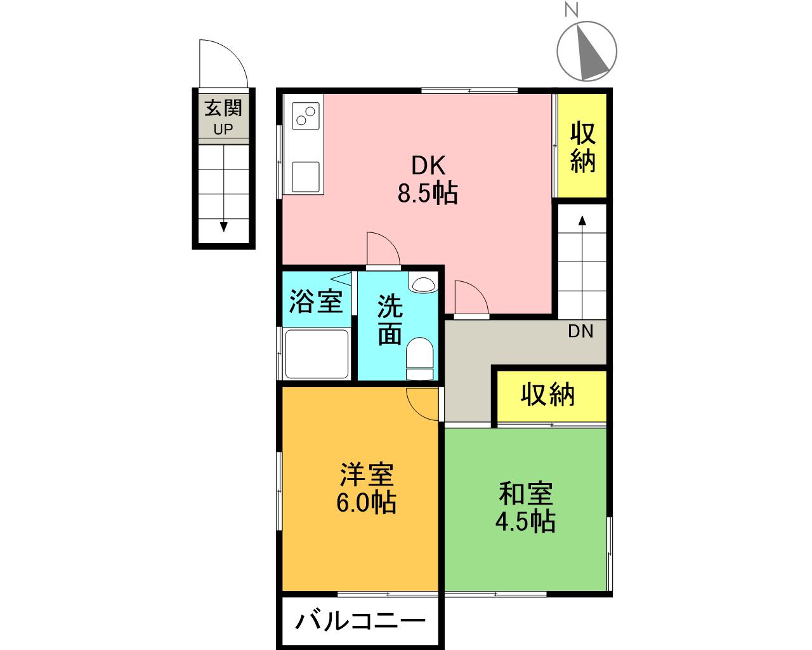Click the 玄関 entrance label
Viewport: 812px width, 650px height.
click(223, 109)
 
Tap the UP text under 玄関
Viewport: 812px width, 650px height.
click(223, 129)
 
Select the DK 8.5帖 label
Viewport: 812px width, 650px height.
click(428, 180)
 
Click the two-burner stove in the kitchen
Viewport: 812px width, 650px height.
click(305, 116)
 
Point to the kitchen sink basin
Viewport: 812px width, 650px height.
click(306, 176)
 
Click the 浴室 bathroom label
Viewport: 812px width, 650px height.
click(316, 302)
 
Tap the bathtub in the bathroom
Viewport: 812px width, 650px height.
click(317, 354)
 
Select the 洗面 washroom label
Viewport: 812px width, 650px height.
click(390, 321)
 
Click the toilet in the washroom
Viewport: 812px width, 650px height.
click(419, 359)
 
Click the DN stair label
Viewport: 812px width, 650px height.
click(580, 331)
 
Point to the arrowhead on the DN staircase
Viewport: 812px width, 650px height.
click(582, 220)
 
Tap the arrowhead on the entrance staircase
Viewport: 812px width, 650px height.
click(224, 227)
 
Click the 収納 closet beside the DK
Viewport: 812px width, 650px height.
click(582, 145)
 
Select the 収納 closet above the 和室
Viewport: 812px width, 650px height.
click(551, 396)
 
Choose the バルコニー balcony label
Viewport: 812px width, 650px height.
click(360, 621)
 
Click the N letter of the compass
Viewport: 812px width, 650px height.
click(572, 10)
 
